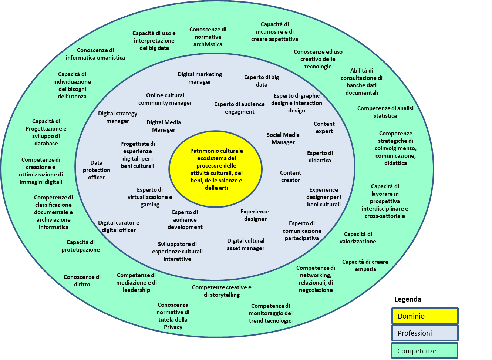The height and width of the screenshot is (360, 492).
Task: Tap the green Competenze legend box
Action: point(425,350)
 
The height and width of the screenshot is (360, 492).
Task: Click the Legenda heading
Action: point(408,299)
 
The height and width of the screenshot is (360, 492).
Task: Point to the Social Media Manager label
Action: point(283,139)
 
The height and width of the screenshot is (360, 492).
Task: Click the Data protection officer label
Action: point(97,170)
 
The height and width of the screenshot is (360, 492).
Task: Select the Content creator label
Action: point(290,176)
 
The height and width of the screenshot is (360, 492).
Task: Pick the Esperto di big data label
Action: point(262,81)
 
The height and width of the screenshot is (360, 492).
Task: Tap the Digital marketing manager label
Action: point(200,78)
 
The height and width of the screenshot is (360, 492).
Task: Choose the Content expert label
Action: point(324,128)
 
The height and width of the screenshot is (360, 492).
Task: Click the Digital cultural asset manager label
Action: point(246,245)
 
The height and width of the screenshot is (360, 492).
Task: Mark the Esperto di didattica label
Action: point(320,157)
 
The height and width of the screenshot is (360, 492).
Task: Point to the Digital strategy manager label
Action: point(118,117)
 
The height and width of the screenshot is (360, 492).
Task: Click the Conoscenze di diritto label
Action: point(82,281)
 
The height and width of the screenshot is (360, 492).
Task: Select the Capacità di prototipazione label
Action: point(80,246)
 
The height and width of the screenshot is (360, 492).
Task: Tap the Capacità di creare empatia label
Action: point(365,266)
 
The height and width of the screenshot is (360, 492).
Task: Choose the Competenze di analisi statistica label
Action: point(385,112)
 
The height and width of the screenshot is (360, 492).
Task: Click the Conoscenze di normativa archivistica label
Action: point(208,37)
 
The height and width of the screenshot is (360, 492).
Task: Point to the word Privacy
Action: point(173,327)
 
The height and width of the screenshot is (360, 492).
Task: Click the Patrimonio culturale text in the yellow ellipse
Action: point(216,151)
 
